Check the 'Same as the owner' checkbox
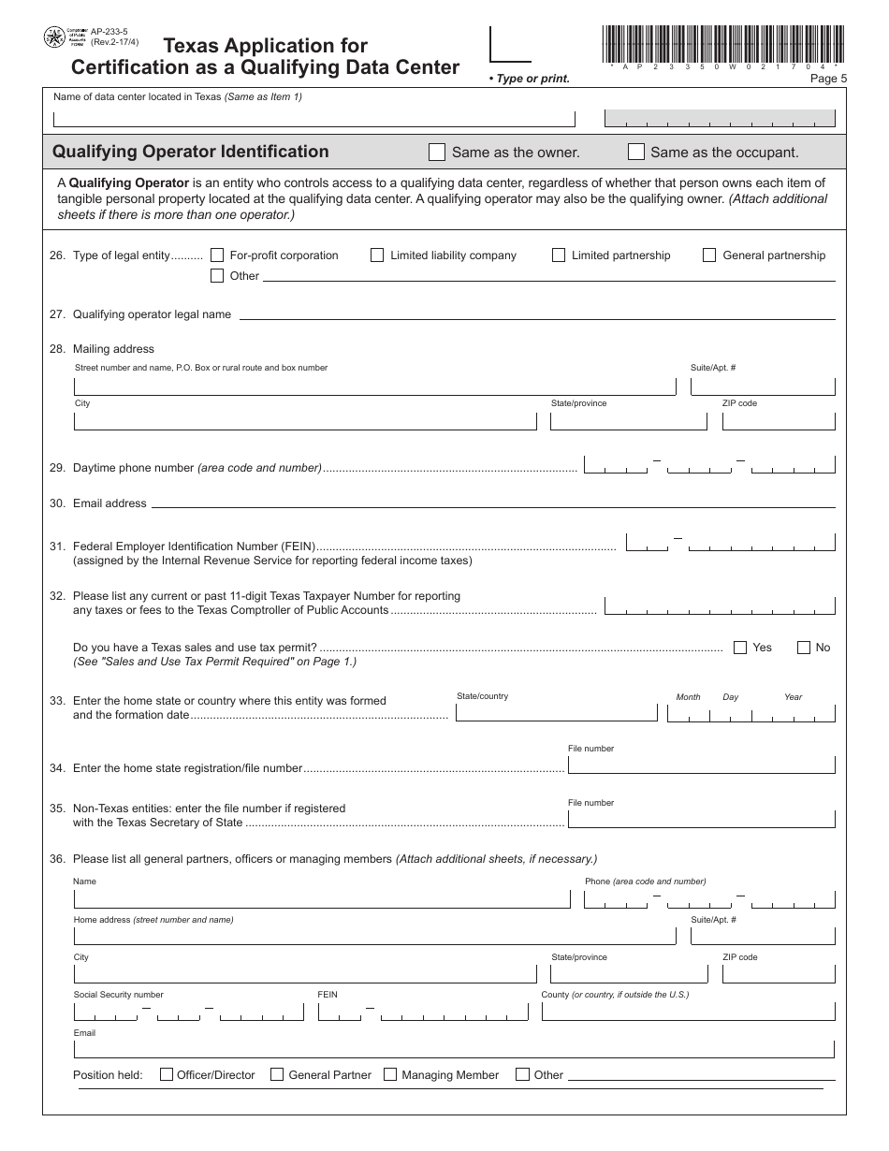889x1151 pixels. (x=437, y=152)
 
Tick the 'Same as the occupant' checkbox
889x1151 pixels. (x=636, y=152)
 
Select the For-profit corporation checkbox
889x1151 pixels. (x=217, y=255)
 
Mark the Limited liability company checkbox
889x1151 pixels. (x=377, y=255)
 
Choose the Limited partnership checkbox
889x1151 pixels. (x=559, y=255)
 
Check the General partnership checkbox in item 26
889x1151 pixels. (x=709, y=255)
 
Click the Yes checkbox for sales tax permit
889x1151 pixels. (x=740, y=647)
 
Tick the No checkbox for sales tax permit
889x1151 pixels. (x=803, y=647)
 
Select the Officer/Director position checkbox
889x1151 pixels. (x=167, y=1074)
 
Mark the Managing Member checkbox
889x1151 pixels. (x=390, y=1074)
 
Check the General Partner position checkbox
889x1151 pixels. (x=277, y=1074)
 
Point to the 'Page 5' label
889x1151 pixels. (x=828, y=79)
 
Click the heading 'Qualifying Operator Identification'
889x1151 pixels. (x=191, y=152)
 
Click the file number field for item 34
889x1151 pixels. (x=701, y=765)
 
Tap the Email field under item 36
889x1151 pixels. (x=454, y=1048)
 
